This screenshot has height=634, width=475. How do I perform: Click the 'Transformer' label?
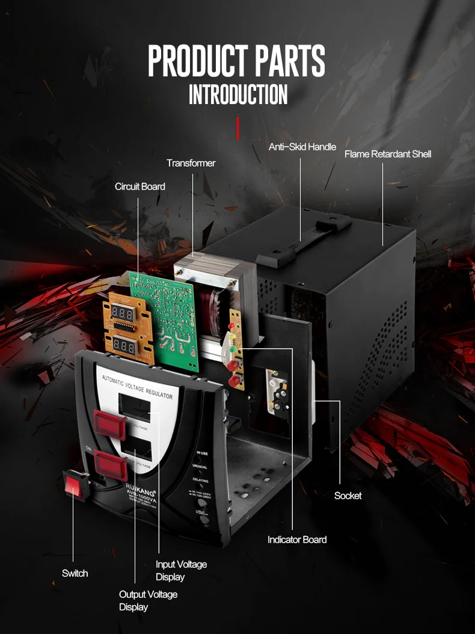tap(191, 163)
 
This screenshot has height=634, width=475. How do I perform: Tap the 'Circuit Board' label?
tap(139, 186)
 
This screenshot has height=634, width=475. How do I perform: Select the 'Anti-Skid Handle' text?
tap(302, 147)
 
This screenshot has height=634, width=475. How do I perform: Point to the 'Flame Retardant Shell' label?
tap(388, 154)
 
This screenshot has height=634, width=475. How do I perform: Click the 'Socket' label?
tap(348, 496)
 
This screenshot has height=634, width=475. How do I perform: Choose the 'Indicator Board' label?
tap(297, 540)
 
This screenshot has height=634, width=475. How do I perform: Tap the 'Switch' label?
tap(75, 573)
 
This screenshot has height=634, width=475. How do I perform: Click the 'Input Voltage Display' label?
tap(181, 570)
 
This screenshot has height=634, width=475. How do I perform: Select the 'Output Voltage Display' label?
tap(148, 600)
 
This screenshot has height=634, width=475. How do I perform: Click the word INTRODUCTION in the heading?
tap(238, 95)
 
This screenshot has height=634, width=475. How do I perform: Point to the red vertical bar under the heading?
tap(238, 129)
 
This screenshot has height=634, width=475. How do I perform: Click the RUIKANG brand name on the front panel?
tap(140, 485)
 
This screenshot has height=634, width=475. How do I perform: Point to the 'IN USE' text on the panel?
tap(202, 453)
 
